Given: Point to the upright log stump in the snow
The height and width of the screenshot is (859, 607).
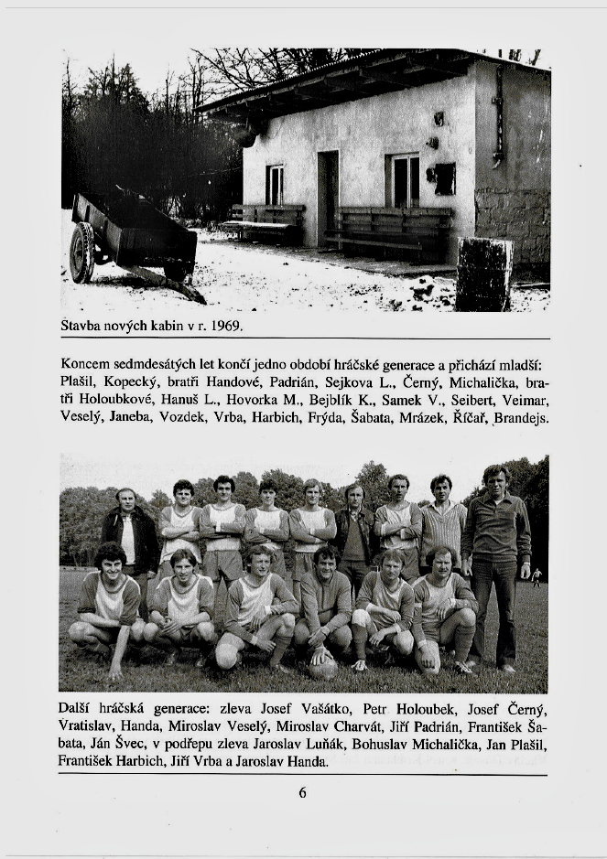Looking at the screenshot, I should click(x=484, y=274).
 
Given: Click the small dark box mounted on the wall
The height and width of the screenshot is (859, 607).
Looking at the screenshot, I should click(x=445, y=178).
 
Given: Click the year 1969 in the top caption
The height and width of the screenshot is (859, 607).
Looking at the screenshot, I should click(x=226, y=325).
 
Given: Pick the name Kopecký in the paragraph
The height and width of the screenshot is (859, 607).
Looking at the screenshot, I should click(x=128, y=380).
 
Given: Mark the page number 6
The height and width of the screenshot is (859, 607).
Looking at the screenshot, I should click(x=303, y=792).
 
